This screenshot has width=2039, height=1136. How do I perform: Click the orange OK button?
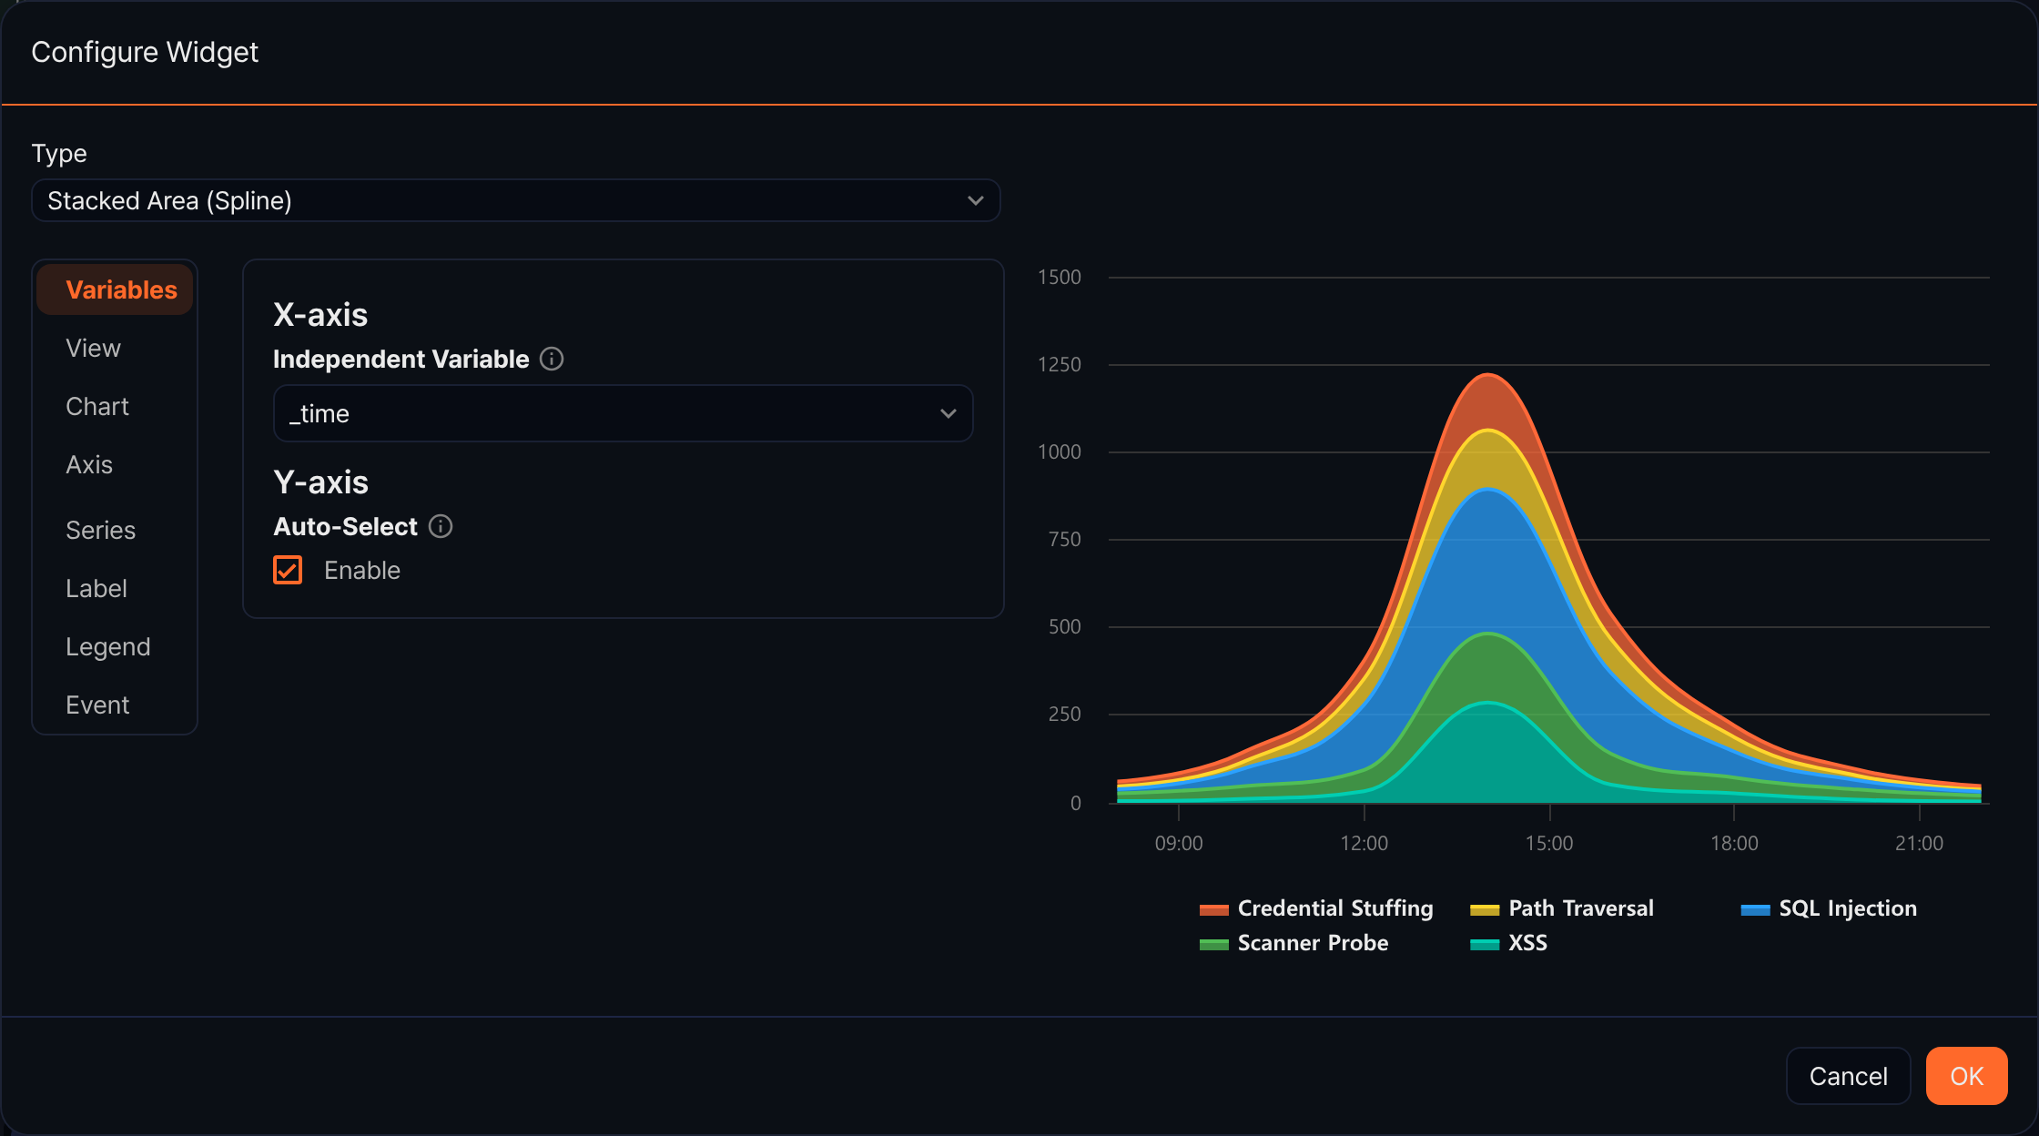[1966, 1076]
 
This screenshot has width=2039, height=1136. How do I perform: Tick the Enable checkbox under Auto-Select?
[288, 570]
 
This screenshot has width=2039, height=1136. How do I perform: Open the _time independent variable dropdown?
[623, 413]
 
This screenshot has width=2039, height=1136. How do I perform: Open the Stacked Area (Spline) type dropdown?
[516, 200]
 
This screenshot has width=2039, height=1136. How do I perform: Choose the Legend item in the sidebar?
[107, 646]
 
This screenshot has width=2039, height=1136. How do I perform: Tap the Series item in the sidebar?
[100, 530]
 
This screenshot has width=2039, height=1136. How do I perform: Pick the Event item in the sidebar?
[97, 705]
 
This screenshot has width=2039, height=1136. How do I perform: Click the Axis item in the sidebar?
[89, 464]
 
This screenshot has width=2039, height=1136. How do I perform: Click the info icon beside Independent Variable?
[552, 359]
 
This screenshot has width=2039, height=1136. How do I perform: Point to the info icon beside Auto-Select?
[441, 526]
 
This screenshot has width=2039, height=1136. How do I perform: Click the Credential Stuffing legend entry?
[1316, 908]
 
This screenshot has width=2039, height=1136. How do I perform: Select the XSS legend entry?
[1508, 943]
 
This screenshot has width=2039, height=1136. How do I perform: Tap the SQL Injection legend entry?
[1829, 908]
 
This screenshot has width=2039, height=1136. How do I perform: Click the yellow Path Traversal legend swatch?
[1485, 909]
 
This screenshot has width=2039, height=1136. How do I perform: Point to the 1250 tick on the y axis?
[1060, 364]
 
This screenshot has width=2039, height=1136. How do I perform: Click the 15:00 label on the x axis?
[1549, 843]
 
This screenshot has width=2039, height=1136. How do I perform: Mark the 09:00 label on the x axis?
[1179, 843]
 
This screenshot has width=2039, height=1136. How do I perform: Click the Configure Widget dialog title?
[145, 52]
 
